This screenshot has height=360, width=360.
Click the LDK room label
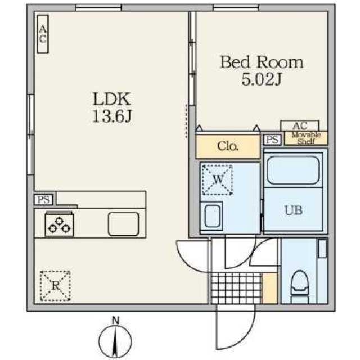pos(112,99)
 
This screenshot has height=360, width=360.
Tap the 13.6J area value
pos(112,116)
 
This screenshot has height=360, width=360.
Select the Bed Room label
pos(262,62)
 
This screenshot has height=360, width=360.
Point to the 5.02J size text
pos(262,79)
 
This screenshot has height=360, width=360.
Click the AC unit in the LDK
pos(43,34)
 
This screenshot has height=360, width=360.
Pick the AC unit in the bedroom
pos(300,125)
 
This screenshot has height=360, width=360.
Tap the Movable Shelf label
pos(306,138)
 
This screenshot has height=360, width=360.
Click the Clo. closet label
pos(228,146)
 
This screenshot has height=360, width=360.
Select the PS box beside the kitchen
pos(44,200)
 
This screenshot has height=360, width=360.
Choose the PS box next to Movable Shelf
pos(272,139)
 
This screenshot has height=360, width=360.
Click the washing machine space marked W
pos(217,180)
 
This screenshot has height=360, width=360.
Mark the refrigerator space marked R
pos(55,286)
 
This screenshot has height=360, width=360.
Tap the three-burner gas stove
pos(60,224)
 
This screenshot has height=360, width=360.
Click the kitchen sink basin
pos(124,224)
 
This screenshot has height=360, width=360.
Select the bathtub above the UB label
pos(294,170)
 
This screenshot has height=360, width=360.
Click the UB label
pos(294,210)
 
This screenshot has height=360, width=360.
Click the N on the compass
pos(115,321)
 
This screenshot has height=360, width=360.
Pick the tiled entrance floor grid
pos(236,288)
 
